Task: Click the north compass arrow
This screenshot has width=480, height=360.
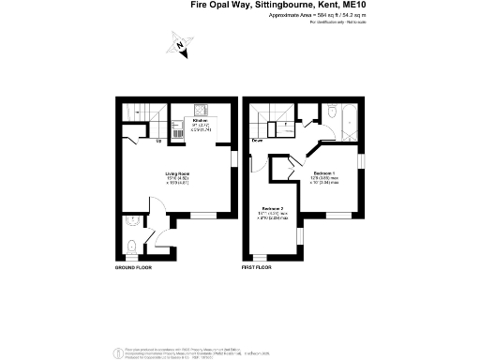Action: [x=178, y=42]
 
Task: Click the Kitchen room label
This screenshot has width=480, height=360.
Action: [x=200, y=120]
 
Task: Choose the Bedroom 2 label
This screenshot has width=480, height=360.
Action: [x=273, y=208]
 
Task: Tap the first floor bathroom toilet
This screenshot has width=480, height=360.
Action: [x=332, y=114]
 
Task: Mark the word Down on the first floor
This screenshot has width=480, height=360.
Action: [x=257, y=141]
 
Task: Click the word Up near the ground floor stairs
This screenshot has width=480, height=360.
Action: [x=158, y=141]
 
